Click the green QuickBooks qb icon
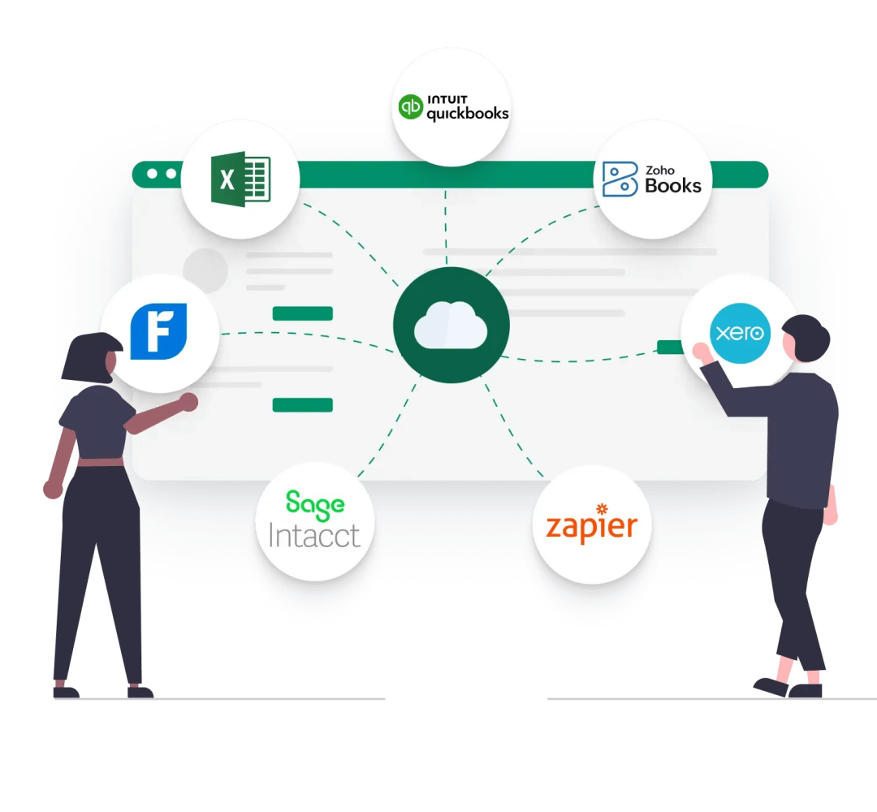411,107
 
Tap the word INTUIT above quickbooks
447,100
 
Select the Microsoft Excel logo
240,179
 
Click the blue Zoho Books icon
620,179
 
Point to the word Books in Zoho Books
673,186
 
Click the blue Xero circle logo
740,333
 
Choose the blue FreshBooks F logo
159,331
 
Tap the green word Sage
315,505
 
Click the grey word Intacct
313,535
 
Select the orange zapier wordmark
592,525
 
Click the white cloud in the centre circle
450,326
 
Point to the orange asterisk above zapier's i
602,508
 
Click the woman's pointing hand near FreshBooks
189,401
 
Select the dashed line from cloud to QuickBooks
446,227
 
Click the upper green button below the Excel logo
303,313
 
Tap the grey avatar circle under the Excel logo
205,271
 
